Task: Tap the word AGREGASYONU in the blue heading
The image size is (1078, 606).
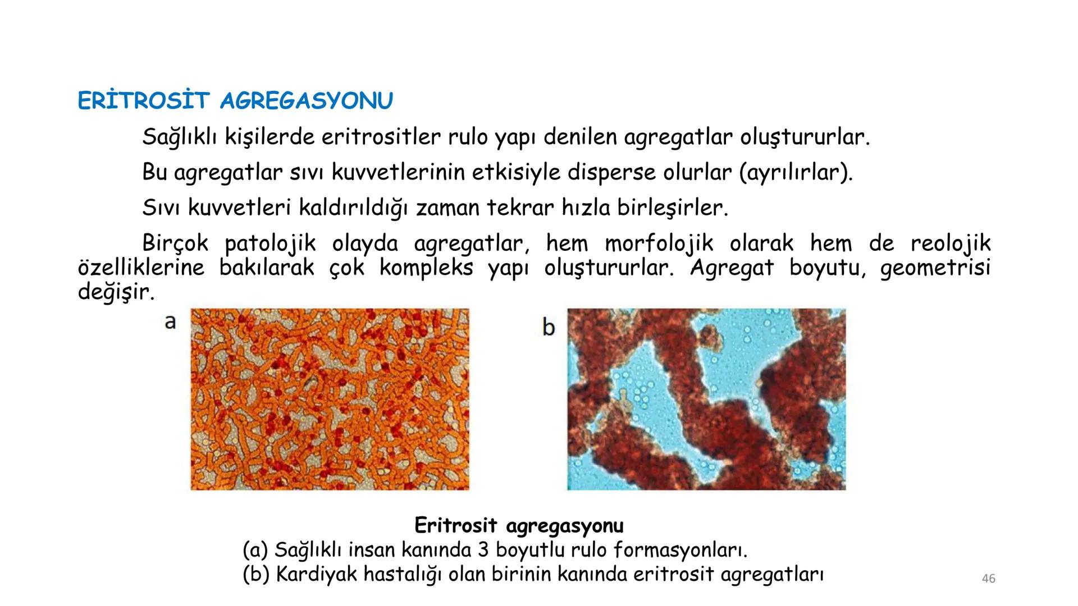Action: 307,101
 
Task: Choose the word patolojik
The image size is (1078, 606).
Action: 270,244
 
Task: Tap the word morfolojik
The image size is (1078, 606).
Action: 659,244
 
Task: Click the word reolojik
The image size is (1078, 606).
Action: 951,244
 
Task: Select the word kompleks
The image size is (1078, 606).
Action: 426,268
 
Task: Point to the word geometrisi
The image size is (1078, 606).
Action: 935,268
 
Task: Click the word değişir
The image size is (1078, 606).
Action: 116,292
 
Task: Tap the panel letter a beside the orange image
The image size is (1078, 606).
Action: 170,322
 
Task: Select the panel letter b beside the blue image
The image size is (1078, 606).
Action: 549,327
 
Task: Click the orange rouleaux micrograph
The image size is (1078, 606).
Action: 330,399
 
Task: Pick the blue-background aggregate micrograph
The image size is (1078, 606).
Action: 706,399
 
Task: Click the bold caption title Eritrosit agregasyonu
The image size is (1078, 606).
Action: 519,526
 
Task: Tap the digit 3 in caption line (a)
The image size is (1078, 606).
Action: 484,550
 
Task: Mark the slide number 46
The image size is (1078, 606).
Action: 989,579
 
